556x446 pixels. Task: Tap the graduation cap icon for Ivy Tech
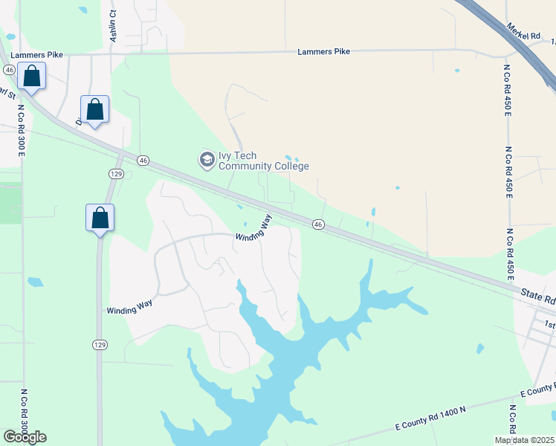click(206, 159)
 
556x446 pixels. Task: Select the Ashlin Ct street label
click(114, 25)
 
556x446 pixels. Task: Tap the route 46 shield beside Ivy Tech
click(143, 160)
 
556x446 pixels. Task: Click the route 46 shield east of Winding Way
click(317, 224)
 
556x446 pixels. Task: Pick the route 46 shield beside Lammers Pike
click(9, 69)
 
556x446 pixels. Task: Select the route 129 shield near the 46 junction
click(115, 173)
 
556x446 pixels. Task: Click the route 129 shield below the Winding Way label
click(99, 344)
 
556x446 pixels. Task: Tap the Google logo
click(25, 436)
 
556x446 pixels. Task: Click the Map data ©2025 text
click(524, 440)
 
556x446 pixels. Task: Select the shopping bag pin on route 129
click(100, 219)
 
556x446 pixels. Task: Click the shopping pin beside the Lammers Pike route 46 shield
click(32, 77)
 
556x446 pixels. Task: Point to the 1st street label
click(549, 324)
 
